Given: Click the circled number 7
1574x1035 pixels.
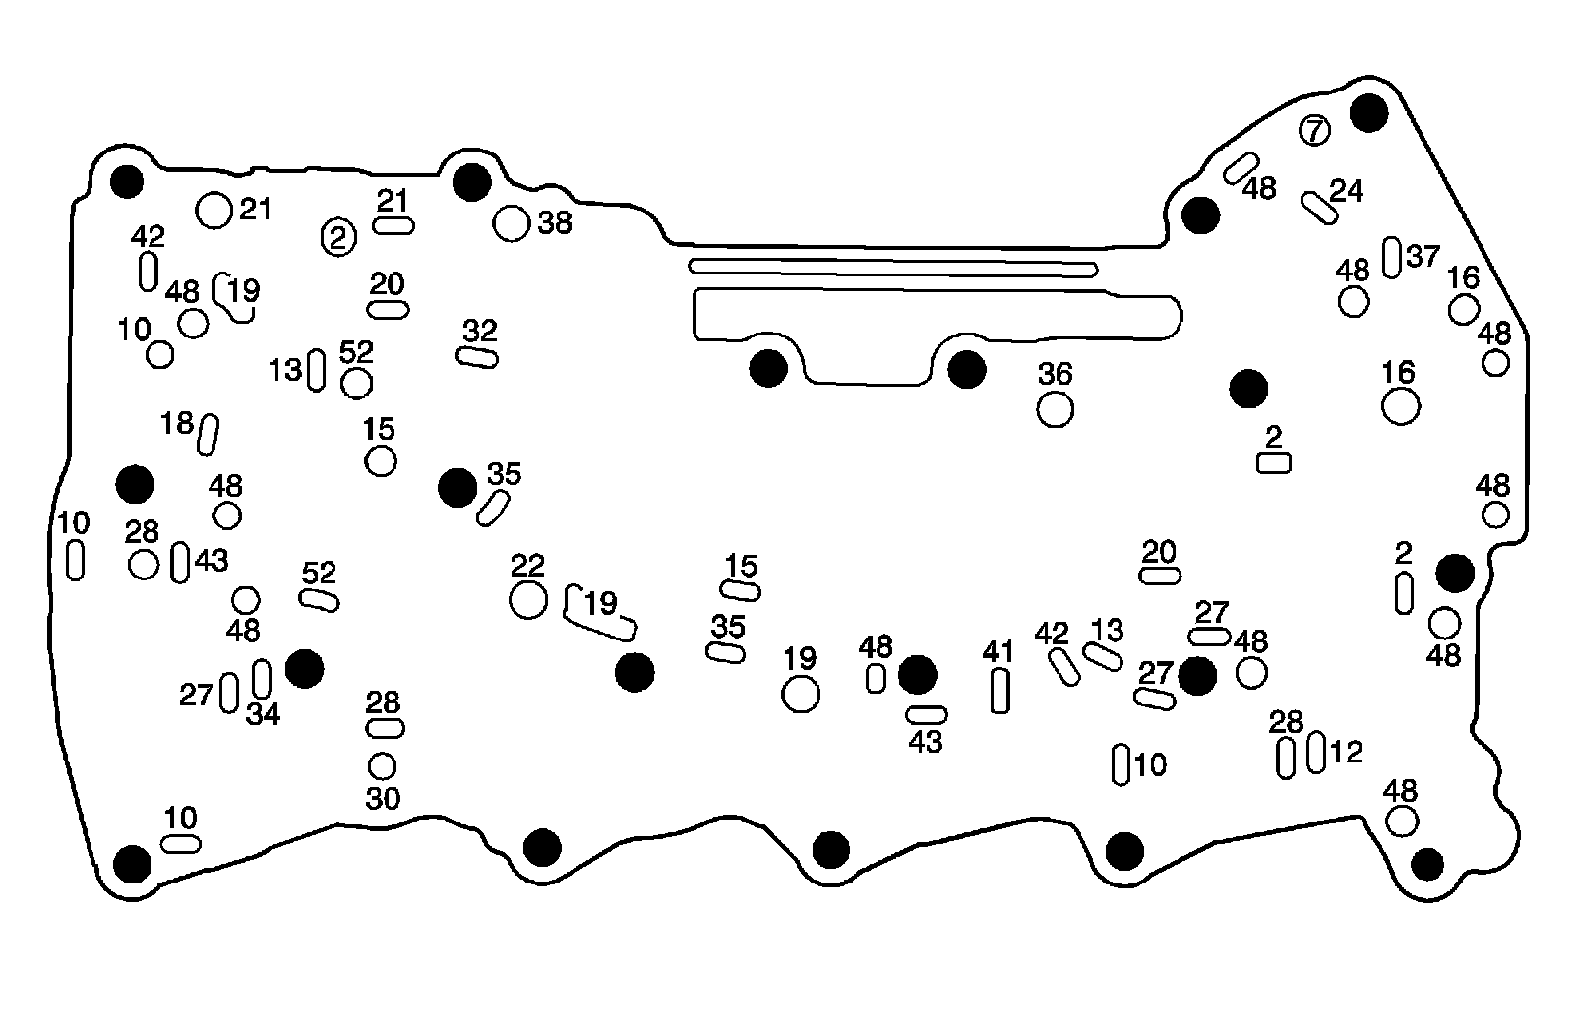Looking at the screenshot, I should pyautogui.click(x=1314, y=130).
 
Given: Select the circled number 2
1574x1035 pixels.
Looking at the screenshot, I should pyautogui.click(x=338, y=237).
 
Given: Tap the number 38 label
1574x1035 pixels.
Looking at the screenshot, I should pyautogui.click(x=555, y=223).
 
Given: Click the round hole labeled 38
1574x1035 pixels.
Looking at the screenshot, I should pyautogui.click(x=511, y=223).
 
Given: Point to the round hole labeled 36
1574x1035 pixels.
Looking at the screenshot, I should pyautogui.click(x=1056, y=408).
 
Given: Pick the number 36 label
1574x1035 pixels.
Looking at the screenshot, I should pyautogui.click(x=1056, y=374).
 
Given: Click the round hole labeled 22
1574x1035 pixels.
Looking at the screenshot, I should pyautogui.click(x=528, y=599).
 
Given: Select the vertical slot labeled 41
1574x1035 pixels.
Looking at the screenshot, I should pyautogui.click(x=999, y=691).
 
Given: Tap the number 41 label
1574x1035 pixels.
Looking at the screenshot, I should pyautogui.click(x=998, y=651).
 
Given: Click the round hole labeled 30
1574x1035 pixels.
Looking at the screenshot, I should pyautogui.click(x=382, y=765).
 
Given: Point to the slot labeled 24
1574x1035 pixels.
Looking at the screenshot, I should pyautogui.click(x=1319, y=208).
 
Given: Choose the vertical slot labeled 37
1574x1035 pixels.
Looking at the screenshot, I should pyautogui.click(x=1391, y=258).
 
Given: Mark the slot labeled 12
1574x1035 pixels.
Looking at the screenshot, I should pyautogui.click(x=1316, y=754).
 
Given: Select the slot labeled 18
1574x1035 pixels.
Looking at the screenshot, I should pyautogui.click(x=208, y=434).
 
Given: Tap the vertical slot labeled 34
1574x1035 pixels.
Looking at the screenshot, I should pyautogui.click(x=262, y=678).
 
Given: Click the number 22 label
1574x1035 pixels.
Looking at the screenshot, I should pyautogui.click(x=528, y=566).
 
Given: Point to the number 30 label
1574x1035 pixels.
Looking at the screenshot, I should pyautogui.click(x=383, y=799).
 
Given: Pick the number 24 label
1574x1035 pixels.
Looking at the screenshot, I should pyautogui.click(x=1347, y=190).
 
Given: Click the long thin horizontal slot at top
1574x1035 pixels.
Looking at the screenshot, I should pyautogui.click(x=893, y=268).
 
